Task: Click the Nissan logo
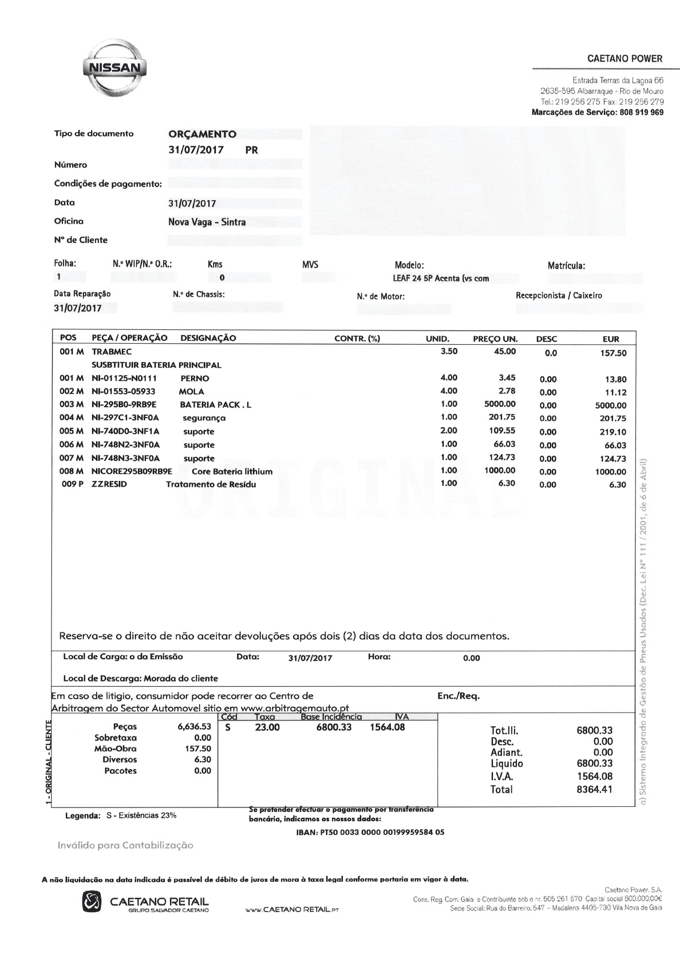112,68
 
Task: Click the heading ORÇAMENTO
202,134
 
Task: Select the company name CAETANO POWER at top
624,58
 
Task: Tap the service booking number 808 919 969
642,113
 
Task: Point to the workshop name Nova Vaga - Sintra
207,222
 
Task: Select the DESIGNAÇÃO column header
208,338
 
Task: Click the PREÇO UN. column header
495,339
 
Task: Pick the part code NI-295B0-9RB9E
124,405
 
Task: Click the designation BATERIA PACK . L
215,405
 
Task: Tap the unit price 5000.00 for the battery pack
500,404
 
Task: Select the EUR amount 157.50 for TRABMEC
613,353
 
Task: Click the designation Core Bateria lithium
232,472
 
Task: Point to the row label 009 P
73,484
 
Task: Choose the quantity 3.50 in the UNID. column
449,352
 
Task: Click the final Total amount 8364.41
595,790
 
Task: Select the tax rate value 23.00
267,727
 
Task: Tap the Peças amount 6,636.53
194,727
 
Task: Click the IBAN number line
370,832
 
